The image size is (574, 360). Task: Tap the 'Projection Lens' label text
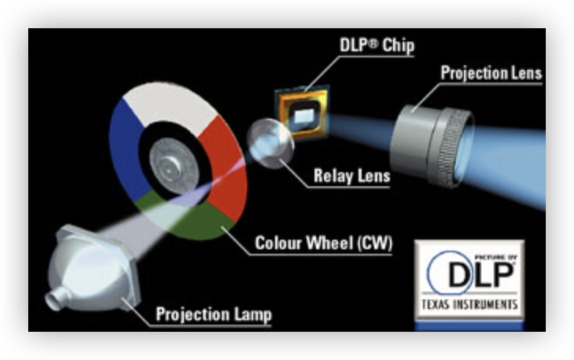click(x=491, y=74)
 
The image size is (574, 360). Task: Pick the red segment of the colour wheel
click(x=228, y=165)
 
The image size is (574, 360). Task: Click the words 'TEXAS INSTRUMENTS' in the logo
click(x=470, y=303)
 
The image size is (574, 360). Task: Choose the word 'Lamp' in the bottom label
click(x=252, y=316)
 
